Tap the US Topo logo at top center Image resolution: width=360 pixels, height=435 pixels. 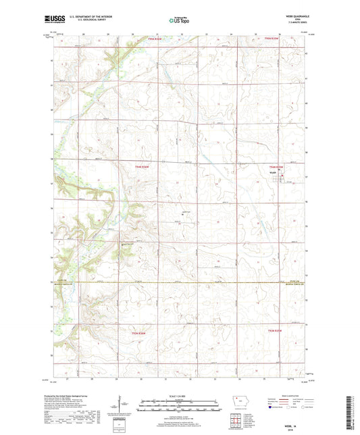click(178, 20)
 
